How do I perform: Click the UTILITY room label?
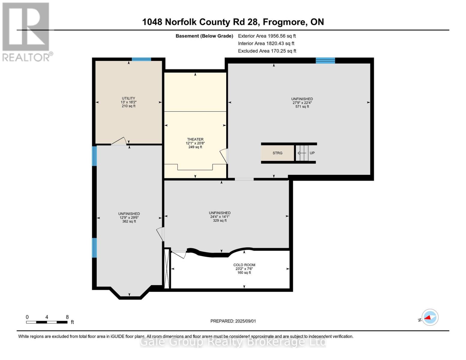pyautogui.click(x=128, y=98)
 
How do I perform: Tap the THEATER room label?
pyautogui.click(x=195, y=139)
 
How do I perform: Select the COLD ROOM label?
pyautogui.click(x=244, y=265)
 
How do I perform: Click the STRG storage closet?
pyautogui.click(x=278, y=153)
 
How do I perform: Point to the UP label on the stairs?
pyautogui.click(x=312, y=153)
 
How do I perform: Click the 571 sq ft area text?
pyautogui.click(x=302, y=106)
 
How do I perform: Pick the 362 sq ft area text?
pyautogui.click(x=129, y=221)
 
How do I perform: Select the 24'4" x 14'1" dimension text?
pyautogui.click(x=220, y=217)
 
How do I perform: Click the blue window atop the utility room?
pyautogui.click(x=141, y=59)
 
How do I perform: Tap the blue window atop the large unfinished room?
pyautogui.click(x=325, y=60)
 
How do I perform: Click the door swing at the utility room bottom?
pyautogui.click(x=119, y=142)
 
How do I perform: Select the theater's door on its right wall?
pyautogui.click(x=224, y=156)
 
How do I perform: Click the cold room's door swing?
pyautogui.click(x=180, y=254)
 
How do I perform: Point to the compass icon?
pyautogui.click(x=430, y=317)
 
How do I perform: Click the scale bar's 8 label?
pyautogui.click(x=67, y=317)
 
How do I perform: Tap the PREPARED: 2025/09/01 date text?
pyautogui.click(x=233, y=321)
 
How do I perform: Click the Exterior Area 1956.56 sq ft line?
pyautogui.click(x=267, y=36)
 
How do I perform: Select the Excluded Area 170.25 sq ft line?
pyautogui.click(x=267, y=51)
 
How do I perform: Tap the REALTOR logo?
pyautogui.click(x=26, y=31)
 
